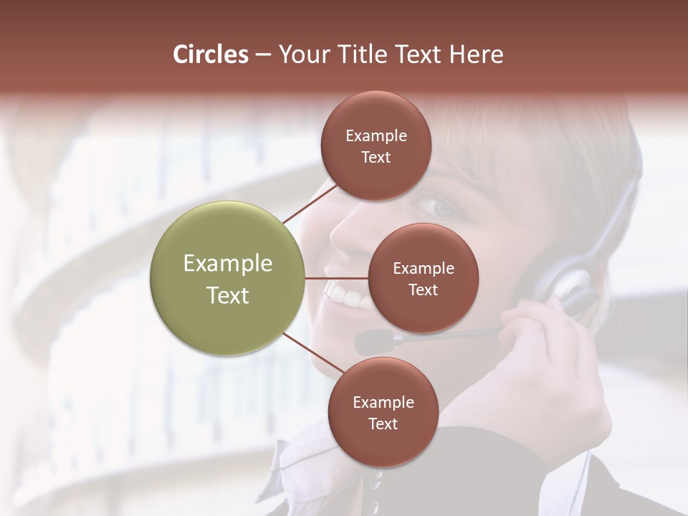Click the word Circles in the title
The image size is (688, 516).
(x=210, y=54)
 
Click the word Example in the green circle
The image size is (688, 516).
(x=228, y=264)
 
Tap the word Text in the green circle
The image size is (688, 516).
(x=228, y=295)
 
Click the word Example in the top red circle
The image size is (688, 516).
(x=376, y=136)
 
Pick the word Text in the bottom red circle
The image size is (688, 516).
(x=383, y=424)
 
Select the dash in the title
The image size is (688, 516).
(x=263, y=55)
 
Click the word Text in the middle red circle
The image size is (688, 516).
(x=423, y=290)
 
